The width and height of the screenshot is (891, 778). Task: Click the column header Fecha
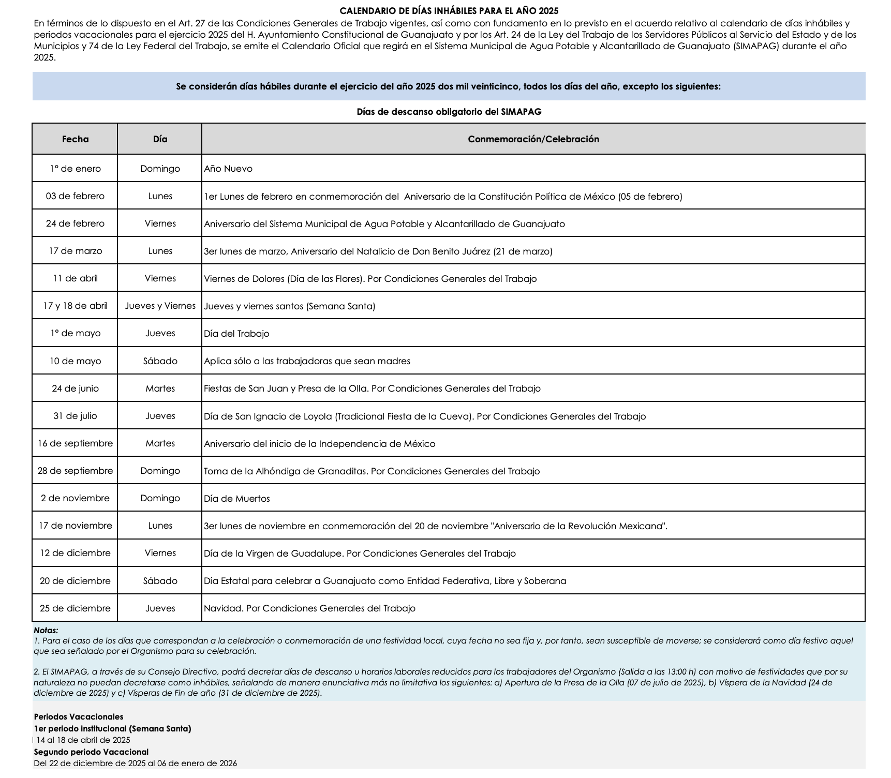(75, 139)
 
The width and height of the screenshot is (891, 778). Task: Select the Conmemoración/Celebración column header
(533, 139)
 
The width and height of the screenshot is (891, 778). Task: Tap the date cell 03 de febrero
(75, 196)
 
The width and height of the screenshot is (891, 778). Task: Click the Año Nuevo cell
(228, 169)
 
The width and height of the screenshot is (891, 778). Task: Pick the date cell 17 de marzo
(75, 251)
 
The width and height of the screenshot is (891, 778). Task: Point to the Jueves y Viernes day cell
(160, 306)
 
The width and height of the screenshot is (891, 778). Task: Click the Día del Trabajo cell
(236, 334)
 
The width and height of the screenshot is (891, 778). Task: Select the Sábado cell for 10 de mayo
(160, 361)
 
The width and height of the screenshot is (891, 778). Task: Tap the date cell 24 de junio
(75, 388)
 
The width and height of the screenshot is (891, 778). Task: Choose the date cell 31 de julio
(75, 416)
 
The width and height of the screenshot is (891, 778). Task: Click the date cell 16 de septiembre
(75, 443)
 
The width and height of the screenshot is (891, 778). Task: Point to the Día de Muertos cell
(236, 499)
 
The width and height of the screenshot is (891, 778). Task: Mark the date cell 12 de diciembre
(75, 553)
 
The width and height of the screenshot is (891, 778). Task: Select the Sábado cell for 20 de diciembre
(160, 581)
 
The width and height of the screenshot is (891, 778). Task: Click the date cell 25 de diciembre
(75, 608)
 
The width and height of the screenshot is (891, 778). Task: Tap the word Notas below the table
(46, 630)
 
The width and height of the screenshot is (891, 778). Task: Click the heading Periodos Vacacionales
(79, 717)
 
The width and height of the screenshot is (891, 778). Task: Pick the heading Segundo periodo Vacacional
(91, 752)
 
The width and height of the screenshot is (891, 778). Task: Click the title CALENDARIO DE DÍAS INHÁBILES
(449, 11)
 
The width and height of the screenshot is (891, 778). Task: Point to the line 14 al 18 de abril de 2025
(83, 740)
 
